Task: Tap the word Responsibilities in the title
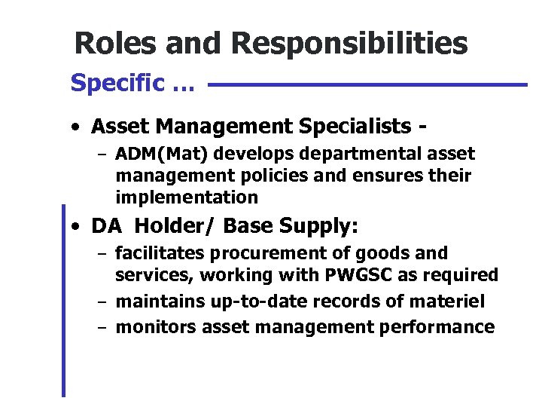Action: [x=349, y=44]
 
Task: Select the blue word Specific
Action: [x=117, y=83]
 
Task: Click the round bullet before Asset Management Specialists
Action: [x=77, y=124]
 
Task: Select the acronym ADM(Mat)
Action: [x=158, y=155]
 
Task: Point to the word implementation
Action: [x=186, y=197]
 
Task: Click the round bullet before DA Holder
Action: [x=77, y=226]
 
